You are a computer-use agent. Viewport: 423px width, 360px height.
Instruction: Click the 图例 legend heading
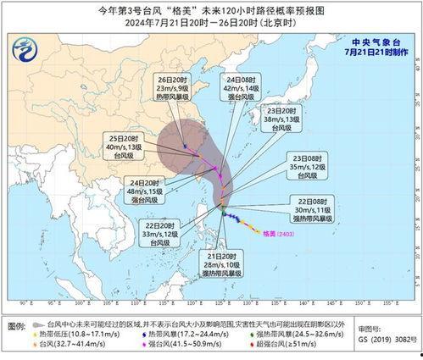tap(15, 325)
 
